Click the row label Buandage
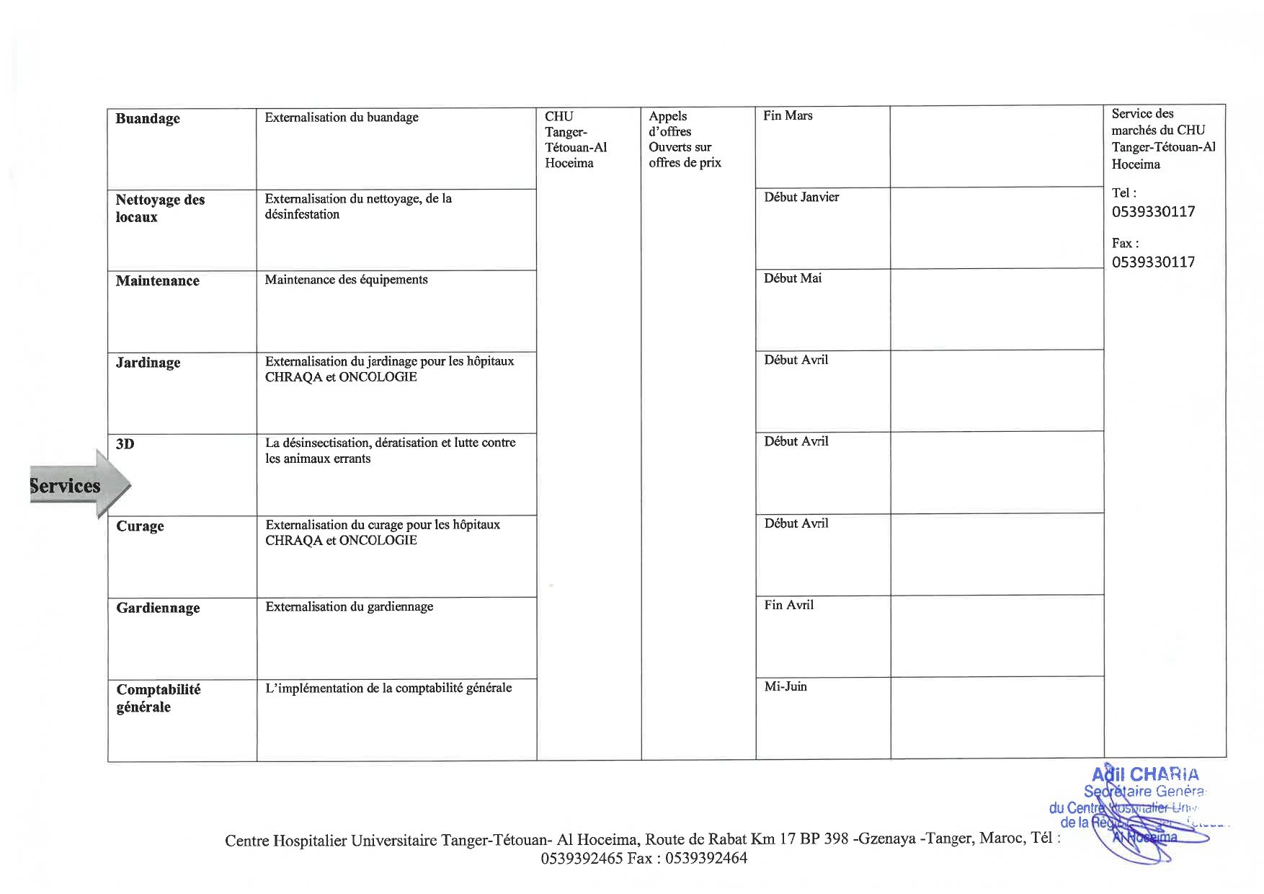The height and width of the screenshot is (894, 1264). [148, 119]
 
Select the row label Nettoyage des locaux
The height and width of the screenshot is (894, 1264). [160, 208]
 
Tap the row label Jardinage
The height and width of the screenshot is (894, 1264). [148, 363]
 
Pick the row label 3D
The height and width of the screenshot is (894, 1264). [125, 444]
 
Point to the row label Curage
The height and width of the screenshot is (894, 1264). [140, 526]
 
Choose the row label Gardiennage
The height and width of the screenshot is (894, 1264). [158, 608]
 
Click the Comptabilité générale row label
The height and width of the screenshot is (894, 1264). [159, 698]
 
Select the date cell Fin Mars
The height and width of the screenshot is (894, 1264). [788, 115]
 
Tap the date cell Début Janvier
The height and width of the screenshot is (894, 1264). [801, 197]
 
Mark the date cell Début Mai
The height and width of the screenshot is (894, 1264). [793, 278]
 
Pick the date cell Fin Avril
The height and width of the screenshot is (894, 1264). [789, 605]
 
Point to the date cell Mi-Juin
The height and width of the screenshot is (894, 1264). [785, 686]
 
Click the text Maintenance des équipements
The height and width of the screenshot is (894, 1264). [346, 280]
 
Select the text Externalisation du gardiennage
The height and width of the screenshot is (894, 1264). [350, 607]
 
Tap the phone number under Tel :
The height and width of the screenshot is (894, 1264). [1153, 212]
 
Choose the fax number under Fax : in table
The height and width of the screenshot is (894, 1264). [1153, 262]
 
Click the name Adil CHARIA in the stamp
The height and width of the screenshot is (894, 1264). [1146, 775]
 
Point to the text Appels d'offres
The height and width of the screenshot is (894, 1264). [669, 124]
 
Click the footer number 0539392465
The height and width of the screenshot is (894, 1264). [582, 858]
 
